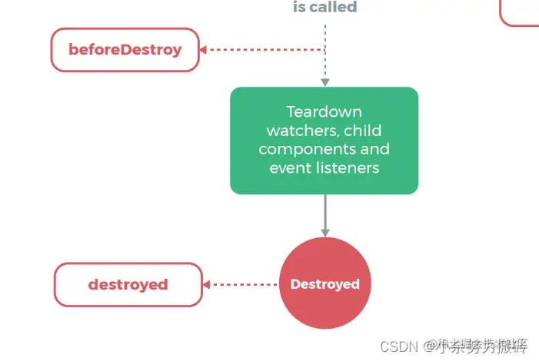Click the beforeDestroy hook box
coord(125,50)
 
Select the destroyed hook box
coord(128,284)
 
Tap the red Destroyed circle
coord(324,284)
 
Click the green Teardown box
coord(324,140)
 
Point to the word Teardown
coord(324,111)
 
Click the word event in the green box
coord(288,167)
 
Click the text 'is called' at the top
coord(324,8)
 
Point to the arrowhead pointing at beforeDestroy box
coord(204,50)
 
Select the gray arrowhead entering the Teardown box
coord(324,82)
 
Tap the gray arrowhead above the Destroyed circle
coord(324,232)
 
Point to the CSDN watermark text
coord(396,346)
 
